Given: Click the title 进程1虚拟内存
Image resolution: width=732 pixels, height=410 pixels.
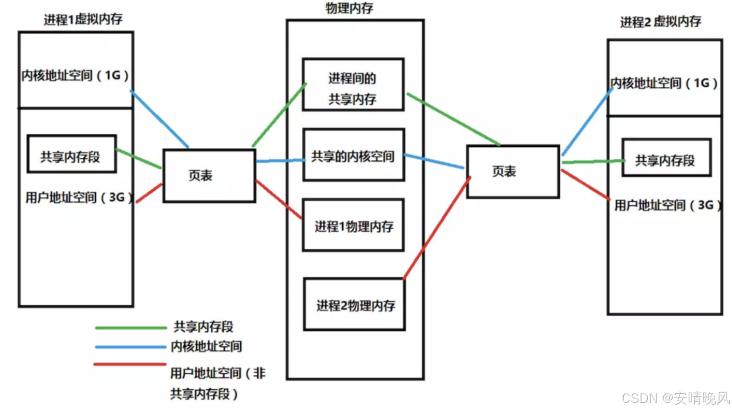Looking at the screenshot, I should (83, 20).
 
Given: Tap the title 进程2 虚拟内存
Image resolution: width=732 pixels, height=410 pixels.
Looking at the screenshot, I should (660, 22).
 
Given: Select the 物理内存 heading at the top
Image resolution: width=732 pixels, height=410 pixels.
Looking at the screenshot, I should (349, 9).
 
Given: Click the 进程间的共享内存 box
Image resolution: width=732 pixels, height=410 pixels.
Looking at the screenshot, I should (353, 85).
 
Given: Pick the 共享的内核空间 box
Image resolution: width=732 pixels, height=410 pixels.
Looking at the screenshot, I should (353, 155).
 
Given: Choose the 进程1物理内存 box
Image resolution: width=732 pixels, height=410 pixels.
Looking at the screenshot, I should (353, 225).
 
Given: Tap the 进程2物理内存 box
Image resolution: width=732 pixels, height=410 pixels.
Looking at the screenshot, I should (354, 305).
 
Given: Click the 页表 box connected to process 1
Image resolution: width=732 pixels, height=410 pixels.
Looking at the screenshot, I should (209, 175).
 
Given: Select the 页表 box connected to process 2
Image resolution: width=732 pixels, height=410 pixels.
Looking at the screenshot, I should (513, 171).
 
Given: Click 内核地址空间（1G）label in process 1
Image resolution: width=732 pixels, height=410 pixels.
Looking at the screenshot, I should (75, 75).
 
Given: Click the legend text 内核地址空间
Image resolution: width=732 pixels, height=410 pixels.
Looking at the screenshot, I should (206, 346).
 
